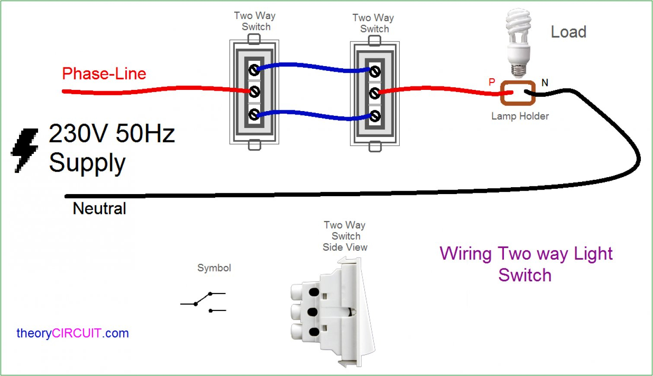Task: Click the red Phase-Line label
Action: tap(104, 74)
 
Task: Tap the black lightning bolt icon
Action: tap(25, 150)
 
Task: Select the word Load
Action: tap(568, 32)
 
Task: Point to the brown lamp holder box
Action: tap(517, 93)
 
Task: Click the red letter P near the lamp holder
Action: tap(492, 82)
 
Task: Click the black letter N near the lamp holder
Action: tap(545, 83)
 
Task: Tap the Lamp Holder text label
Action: tap(520, 116)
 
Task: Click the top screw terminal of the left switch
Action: tap(254, 69)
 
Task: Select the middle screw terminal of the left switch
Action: tap(254, 92)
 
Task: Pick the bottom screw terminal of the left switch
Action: tap(254, 114)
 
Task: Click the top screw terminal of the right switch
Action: tap(375, 71)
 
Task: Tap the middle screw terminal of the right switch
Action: tap(375, 93)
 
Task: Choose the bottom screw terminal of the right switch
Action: tap(375, 116)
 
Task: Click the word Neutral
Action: tap(99, 209)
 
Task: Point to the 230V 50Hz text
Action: tap(111, 134)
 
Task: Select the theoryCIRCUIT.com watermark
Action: tap(73, 333)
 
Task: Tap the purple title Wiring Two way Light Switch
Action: tap(526, 264)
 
